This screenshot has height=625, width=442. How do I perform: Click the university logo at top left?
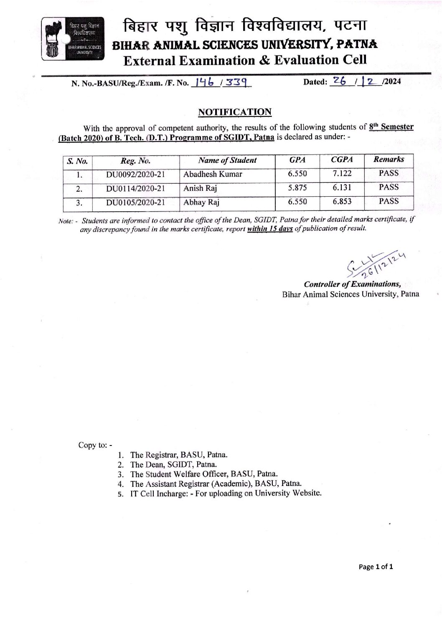click(73, 38)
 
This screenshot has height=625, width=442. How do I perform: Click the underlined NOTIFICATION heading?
click(234, 112)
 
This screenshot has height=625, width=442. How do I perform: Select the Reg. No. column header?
click(135, 161)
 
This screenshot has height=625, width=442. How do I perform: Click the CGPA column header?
click(342, 159)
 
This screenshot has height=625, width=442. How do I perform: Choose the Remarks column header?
click(389, 159)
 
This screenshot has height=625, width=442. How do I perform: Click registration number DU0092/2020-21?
click(135, 175)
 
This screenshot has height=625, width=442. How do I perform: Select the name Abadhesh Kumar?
click(213, 174)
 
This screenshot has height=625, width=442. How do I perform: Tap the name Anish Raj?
click(200, 188)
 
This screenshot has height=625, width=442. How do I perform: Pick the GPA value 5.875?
click(297, 188)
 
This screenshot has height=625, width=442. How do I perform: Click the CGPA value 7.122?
click(342, 173)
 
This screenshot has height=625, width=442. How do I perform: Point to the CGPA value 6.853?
click(342, 202)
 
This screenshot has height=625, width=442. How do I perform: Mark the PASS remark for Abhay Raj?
click(389, 201)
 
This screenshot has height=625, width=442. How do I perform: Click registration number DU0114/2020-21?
click(135, 189)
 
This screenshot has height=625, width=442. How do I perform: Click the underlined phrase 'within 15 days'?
click(270, 229)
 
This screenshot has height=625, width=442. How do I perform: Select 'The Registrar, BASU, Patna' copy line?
click(179, 455)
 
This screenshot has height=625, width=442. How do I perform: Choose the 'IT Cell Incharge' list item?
click(226, 493)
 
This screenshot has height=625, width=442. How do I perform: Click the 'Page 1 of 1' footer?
click(376, 567)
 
